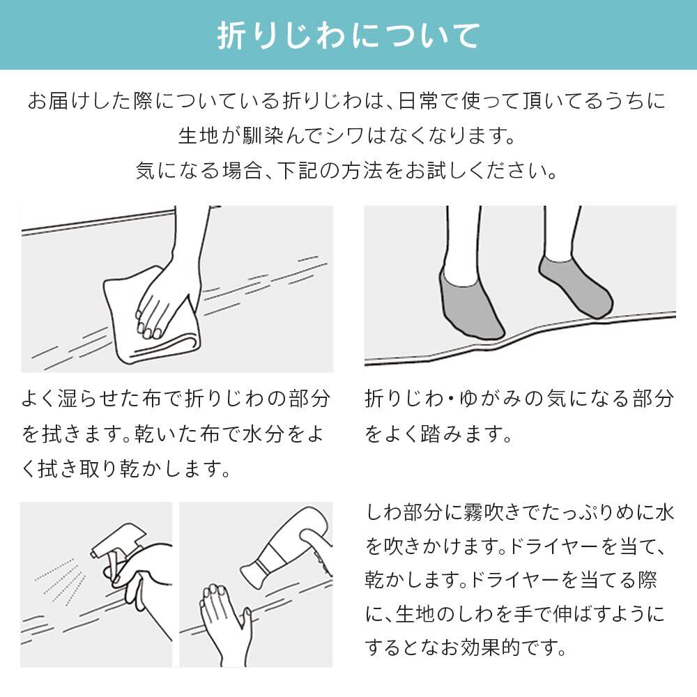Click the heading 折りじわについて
tap(348, 35)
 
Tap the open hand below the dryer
tap(225, 622)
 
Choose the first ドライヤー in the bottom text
tap(553, 546)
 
